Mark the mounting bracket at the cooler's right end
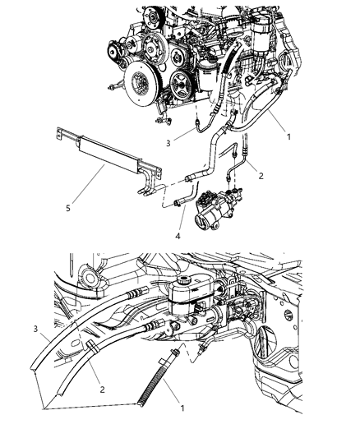pos(145,185)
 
